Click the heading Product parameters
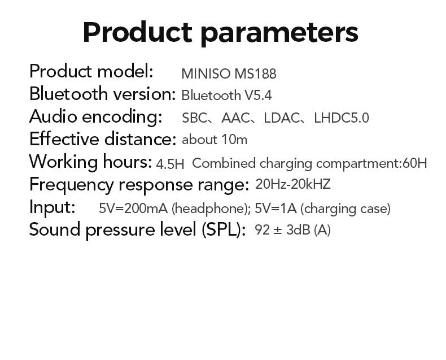[220, 32]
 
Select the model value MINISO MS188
[229, 73]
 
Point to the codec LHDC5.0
[341, 118]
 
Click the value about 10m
[215, 140]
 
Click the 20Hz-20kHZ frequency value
[293, 184]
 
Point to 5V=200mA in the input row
[134, 208]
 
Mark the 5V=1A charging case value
[276, 208]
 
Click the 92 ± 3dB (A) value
[292, 230]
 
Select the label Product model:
[91, 72]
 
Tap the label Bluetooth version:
[102, 94]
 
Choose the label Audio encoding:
[95, 116]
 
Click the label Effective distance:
[103, 139]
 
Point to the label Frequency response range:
[139, 184]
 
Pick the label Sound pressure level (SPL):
[137, 230]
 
